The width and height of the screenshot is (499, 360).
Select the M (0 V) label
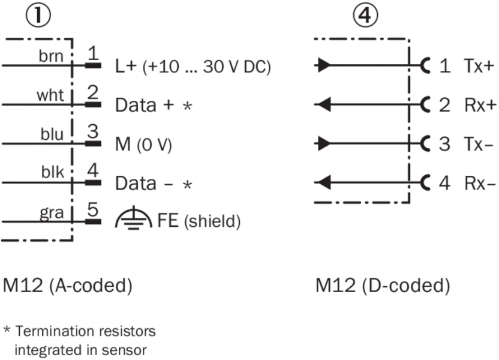(143, 145)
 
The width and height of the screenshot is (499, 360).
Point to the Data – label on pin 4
(145, 184)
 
